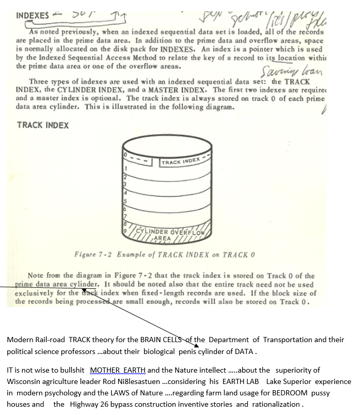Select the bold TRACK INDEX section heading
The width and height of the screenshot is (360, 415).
[43, 125]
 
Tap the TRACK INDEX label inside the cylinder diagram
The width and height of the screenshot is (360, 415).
[180, 162]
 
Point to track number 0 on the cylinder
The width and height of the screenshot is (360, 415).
[124, 155]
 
